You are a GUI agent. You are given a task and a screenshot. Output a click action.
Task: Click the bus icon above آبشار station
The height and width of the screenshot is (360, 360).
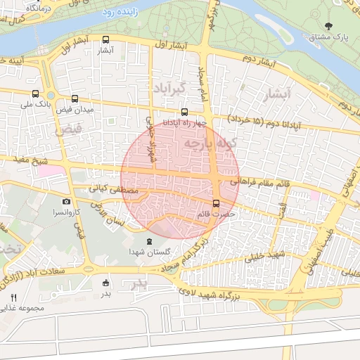click(106, 39)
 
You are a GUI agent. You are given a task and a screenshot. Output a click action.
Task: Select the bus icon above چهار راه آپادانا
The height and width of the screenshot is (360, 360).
click(184, 111)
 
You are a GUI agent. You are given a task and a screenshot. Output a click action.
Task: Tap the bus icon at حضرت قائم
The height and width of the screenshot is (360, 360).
click(215, 204)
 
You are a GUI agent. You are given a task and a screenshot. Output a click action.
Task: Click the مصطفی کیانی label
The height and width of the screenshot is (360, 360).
click(107, 189)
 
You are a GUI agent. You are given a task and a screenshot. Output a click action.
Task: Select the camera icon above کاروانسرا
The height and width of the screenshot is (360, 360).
click(67, 202)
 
